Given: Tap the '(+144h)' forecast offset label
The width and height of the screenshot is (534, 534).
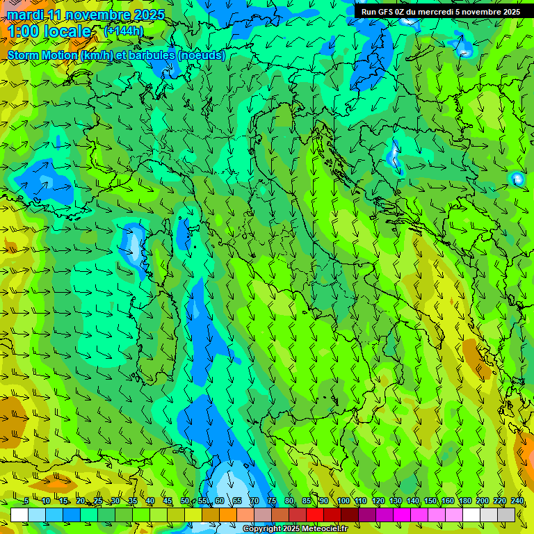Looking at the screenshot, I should pyautogui.click(x=124, y=31).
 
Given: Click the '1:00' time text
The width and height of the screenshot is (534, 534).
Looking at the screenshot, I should pyautogui.click(x=22, y=31).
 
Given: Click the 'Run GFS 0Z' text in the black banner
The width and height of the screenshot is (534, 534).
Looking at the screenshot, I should pyautogui.click(x=383, y=12).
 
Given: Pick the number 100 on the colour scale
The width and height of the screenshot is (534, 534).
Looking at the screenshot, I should pyautogui.click(x=343, y=501).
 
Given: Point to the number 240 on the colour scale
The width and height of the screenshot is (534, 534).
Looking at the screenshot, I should pyautogui.click(x=517, y=501).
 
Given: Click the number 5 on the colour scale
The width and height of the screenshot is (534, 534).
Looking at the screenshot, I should pyautogui.click(x=26, y=501).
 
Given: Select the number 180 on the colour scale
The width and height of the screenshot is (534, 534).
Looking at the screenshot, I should pyautogui.click(x=465, y=501).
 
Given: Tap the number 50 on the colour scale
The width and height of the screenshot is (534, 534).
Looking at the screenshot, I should pyautogui.click(x=185, y=501).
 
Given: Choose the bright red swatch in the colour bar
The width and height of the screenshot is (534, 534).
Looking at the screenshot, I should pyautogui.click(x=315, y=515).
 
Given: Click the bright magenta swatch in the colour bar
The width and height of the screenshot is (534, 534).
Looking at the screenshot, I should pyautogui.click(x=402, y=515).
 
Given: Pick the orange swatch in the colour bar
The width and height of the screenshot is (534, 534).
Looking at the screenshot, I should pyautogui.click(x=228, y=515).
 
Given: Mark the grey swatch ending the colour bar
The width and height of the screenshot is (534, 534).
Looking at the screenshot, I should pyautogui.click(x=506, y=515).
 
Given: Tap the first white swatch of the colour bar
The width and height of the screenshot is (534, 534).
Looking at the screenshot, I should pyautogui.click(x=19, y=515).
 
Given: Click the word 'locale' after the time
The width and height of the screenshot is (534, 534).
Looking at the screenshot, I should pyautogui.click(x=67, y=31).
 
